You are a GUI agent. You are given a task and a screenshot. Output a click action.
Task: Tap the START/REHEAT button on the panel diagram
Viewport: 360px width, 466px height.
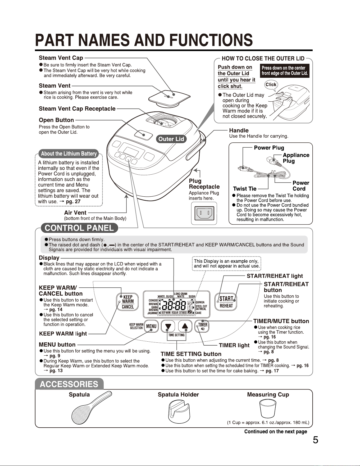point(226,302)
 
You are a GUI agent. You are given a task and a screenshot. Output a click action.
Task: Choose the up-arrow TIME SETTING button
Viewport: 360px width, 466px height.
point(185,326)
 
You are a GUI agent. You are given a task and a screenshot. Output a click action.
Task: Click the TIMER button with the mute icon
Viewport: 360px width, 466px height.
point(202,326)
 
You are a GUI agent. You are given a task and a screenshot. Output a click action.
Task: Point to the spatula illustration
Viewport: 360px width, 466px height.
point(92,408)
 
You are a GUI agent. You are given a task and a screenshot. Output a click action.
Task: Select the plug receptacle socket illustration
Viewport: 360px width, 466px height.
point(204,213)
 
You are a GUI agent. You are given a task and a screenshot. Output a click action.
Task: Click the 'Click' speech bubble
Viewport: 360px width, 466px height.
point(271,85)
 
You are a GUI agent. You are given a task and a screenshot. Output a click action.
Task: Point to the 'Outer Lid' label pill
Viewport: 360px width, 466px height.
point(171,139)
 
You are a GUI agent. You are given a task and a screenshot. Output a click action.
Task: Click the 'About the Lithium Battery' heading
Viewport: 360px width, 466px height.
point(69,154)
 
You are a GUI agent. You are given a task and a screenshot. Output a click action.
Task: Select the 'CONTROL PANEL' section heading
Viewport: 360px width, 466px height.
point(79,228)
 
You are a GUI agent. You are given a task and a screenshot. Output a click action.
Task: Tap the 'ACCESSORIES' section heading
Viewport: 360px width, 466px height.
point(69,384)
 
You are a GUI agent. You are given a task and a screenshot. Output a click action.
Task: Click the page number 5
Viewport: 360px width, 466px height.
point(315,440)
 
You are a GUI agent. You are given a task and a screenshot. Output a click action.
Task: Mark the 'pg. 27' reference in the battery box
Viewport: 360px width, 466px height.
point(73,201)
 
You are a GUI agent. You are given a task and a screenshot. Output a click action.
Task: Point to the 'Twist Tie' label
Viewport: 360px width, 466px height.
point(245,189)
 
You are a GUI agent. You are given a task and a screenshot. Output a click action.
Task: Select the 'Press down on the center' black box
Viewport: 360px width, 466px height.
point(285,71)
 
